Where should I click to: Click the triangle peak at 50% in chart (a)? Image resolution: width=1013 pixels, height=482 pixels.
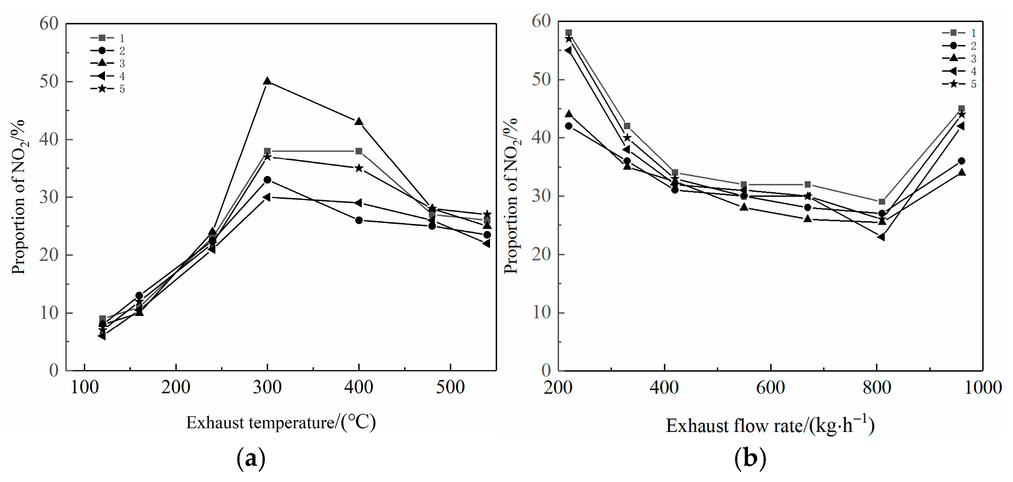coord(267,81)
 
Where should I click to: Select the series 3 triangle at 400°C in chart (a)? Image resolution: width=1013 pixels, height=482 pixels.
coord(359,122)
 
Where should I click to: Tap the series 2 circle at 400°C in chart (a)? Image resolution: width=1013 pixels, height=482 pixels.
coord(359,220)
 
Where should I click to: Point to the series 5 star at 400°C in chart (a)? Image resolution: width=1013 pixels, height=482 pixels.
coord(359,168)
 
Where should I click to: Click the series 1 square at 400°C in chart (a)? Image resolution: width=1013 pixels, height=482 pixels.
coord(359,151)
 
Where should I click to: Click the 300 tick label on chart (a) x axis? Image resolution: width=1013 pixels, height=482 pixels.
coord(267,387)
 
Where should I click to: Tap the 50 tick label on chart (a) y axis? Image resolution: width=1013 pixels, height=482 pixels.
coord(49,82)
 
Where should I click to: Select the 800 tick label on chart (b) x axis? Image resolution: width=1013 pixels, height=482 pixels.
coord(876,388)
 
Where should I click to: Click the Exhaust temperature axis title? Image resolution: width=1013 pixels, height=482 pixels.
coord(281,423)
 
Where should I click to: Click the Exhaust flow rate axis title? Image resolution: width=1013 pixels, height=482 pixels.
coord(770,425)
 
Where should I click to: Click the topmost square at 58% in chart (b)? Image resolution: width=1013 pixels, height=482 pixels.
coord(568,33)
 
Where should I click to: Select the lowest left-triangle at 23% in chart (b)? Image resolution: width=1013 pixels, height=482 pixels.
coord(881,237)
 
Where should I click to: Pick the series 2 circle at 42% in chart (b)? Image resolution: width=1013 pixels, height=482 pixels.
coord(568,126)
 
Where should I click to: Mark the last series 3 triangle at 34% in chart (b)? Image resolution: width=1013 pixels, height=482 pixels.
coord(961,172)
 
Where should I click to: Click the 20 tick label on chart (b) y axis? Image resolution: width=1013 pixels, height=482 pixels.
coord(541,254)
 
